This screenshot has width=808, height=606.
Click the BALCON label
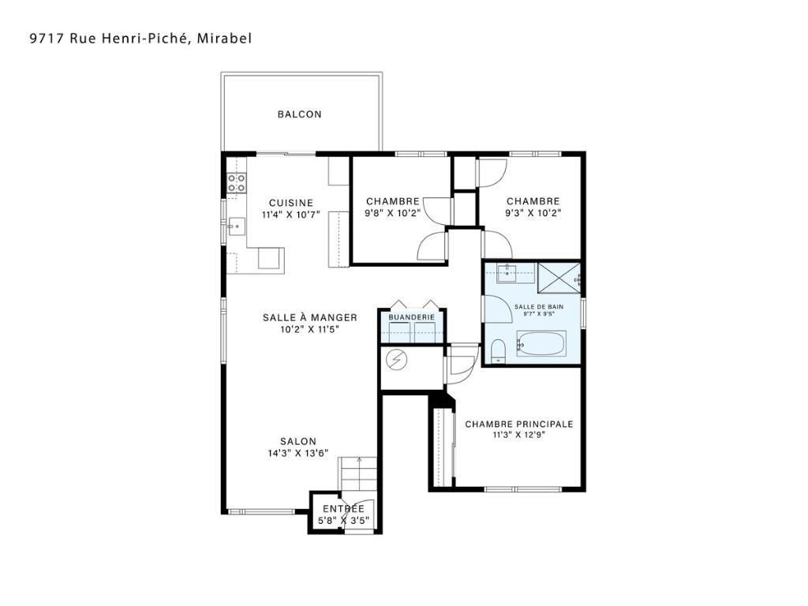click(299, 114)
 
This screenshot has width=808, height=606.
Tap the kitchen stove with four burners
click(236, 183)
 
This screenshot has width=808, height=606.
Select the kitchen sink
click(235, 227)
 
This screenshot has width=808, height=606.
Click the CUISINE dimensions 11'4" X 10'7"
click(290, 214)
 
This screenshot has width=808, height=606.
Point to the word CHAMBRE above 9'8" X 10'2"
click(392, 201)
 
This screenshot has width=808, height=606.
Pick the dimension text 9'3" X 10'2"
click(533, 212)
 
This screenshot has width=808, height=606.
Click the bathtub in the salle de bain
click(541, 345)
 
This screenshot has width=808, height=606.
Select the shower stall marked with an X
click(558, 277)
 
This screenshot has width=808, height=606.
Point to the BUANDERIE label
click(412, 317)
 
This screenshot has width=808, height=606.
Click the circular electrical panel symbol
click(396, 360)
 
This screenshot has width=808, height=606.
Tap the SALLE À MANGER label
click(310, 317)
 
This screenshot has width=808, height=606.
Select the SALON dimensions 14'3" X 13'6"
click(298, 453)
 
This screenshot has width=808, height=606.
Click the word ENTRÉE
click(343, 509)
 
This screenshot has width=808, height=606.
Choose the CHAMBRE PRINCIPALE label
click(519, 425)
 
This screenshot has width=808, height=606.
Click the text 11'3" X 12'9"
click(518, 436)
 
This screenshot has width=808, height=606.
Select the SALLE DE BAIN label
click(533, 306)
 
